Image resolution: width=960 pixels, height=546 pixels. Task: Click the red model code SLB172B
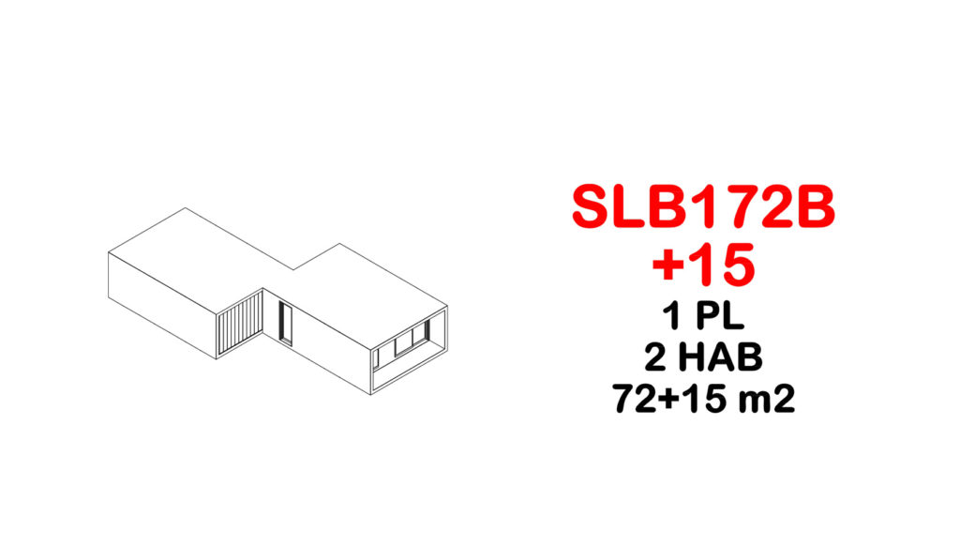[x=703, y=207]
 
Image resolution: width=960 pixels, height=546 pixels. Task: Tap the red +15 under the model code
[x=703, y=265]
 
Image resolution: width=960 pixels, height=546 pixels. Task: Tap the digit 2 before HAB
[x=655, y=357]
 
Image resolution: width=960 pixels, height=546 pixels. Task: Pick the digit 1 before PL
[x=673, y=316]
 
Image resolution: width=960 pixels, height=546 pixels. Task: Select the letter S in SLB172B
[x=591, y=207]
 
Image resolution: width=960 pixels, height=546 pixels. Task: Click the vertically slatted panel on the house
[x=240, y=325]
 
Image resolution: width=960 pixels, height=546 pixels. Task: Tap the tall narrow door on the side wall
[x=285, y=324]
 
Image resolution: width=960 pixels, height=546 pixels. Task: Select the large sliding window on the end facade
[x=411, y=340]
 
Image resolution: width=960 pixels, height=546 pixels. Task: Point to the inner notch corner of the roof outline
[x=293, y=269]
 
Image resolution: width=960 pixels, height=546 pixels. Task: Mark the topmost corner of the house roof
[x=186, y=207]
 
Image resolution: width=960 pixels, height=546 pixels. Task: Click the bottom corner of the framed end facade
[x=371, y=394]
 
